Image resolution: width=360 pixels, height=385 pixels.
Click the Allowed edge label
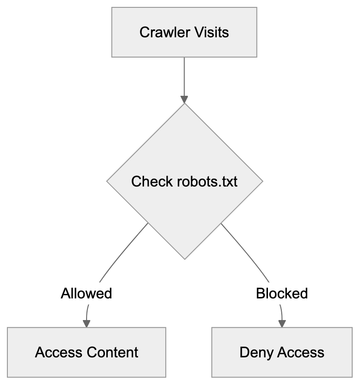[x=87, y=293]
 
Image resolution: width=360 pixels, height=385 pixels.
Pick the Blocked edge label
[x=282, y=293]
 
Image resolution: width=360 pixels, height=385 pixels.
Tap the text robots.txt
[x=207, y=181]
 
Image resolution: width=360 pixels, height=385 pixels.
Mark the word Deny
[x=254, y=353]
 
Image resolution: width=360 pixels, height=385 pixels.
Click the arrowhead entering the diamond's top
[x=184, y=99]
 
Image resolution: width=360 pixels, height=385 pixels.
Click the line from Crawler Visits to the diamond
[x=184, y=76]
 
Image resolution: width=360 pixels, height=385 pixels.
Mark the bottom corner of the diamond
[x=184, y=258]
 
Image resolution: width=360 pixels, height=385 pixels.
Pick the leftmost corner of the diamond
[x=107, y=181]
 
